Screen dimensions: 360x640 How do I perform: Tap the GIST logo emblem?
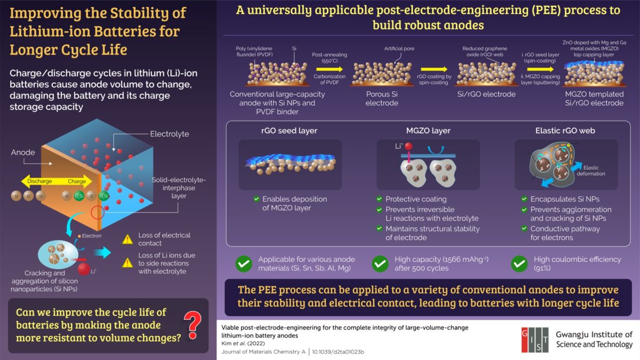click(x=535, y=339)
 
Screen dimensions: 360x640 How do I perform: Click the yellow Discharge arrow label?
click(x=40, y=181)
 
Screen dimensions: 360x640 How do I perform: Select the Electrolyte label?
click(x=169, y=134)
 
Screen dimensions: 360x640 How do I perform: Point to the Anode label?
click(x=23, y=152)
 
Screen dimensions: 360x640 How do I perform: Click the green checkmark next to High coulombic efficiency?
click(x=519, y=263)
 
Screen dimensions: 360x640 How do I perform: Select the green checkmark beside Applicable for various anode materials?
click(x=244, y=263)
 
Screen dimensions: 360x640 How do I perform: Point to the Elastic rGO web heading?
click(x=566, y=130)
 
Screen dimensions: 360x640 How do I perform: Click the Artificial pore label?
click(x=399, y=49)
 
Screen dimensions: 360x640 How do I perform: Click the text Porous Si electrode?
click(x=381, y=98)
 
